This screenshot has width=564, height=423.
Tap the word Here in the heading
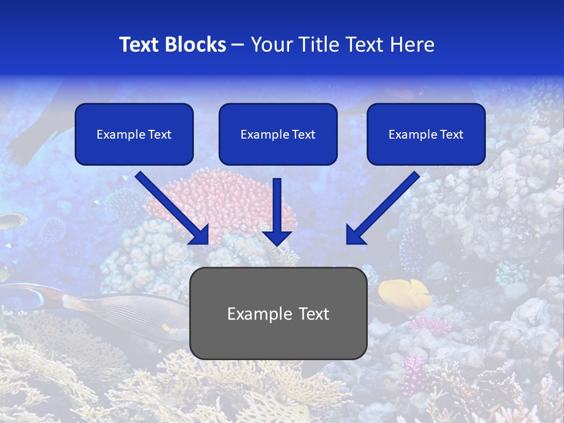pyautogui.click(x=412, y=45)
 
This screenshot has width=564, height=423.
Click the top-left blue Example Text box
pyautogui.click(x=134, y=134)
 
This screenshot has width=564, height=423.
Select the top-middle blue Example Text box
pyautogui.click(x=278, y=134)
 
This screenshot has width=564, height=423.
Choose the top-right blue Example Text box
pyautogui.click(x=426, y=134)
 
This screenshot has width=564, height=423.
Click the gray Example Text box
pyautogui.click(x=278, y=313)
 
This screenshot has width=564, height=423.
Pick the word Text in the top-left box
pyautogui.click(x=159, y=135)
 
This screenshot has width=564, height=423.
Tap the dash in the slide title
pyautogui.click(x=238, y=45)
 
